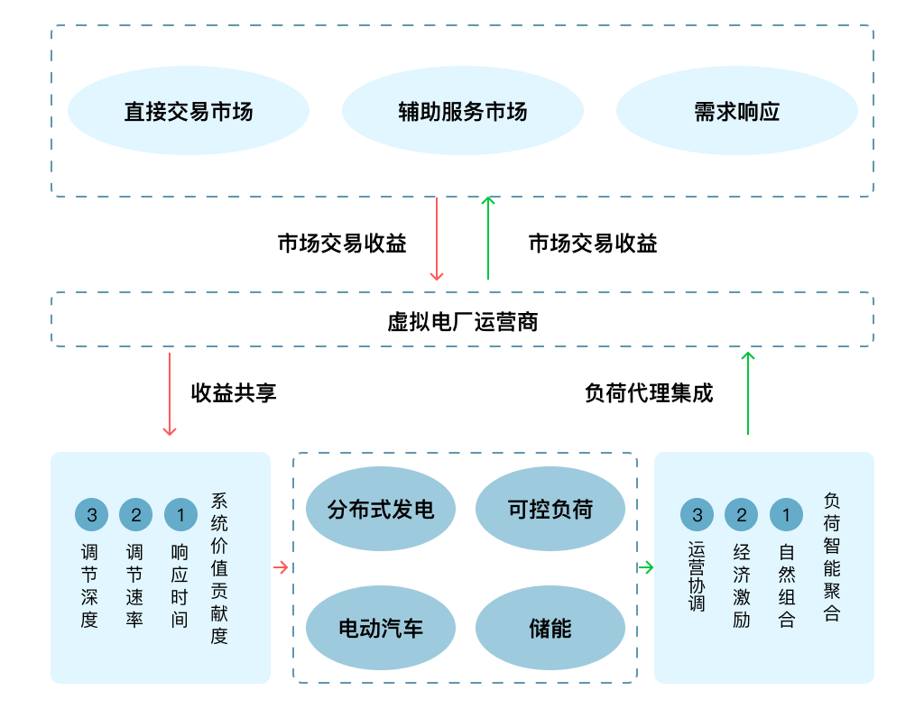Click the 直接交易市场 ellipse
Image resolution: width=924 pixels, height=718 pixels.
click(189, 111)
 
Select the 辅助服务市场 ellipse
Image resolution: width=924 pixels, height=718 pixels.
click(463, 111)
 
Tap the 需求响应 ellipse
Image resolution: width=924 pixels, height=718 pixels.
click(736, 111)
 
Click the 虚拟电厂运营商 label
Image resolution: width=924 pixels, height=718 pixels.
click(462, 321)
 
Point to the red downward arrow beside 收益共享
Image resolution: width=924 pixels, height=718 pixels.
click(169, 394)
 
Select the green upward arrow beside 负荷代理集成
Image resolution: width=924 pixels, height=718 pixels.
click(747, 393)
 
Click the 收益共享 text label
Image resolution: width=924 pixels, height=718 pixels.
click(234, 393)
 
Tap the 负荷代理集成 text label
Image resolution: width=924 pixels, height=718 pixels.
click(649, 393)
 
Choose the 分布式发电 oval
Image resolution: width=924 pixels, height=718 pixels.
click(381, 510)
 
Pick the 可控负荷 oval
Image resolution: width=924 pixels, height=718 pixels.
click(550, 510)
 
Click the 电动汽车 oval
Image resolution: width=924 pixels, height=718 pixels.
click(381, 629)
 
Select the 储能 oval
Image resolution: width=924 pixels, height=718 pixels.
click(550, 629)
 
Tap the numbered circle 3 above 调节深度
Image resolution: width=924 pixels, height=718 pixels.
click(91, 515)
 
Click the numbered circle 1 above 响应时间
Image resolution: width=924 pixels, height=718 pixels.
click(180, 515)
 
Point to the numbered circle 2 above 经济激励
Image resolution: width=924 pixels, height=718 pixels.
click(741, 515)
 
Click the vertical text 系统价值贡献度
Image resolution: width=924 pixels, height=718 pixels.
click(219, 568)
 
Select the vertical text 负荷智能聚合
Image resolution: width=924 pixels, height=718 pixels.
click(832, 557)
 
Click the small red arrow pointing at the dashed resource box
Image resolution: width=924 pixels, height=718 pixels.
click(281, 567)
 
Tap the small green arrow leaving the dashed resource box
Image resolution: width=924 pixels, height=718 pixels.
click(645, 567)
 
